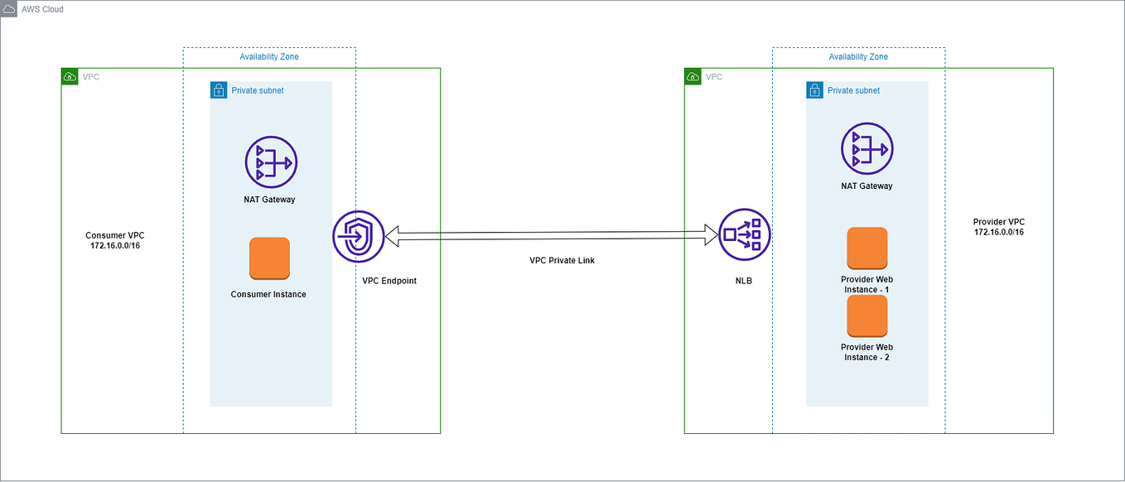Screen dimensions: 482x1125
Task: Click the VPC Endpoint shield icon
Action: [x=359, y=236]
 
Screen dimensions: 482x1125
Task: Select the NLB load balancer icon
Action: [x=744, y=234]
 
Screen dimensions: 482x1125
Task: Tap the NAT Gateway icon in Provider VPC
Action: [x=867, y=149]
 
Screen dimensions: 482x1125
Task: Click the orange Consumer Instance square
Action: [x=269, y=258]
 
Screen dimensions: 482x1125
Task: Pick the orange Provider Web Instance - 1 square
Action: [x=867, y=248]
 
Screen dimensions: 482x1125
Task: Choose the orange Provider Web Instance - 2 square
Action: [x=867, y=316]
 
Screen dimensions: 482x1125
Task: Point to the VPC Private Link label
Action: [x=562, y=261]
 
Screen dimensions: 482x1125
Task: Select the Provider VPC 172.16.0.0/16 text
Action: [x=998, y=228]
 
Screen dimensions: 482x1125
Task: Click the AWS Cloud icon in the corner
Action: [x=9, y=9]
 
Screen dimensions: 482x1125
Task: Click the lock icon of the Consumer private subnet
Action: [x=219, y=90]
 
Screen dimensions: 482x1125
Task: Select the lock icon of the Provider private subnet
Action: [x=815, y=90]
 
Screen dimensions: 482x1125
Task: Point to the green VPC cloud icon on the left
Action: [x=70, y=77]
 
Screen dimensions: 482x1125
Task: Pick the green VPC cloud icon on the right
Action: [x=693, y=77]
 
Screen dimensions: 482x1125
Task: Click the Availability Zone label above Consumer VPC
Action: [x=269, y=57]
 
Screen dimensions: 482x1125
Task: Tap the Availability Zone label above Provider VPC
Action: [x=858, y=57]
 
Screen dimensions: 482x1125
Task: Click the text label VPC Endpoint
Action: [x=389, y=281]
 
